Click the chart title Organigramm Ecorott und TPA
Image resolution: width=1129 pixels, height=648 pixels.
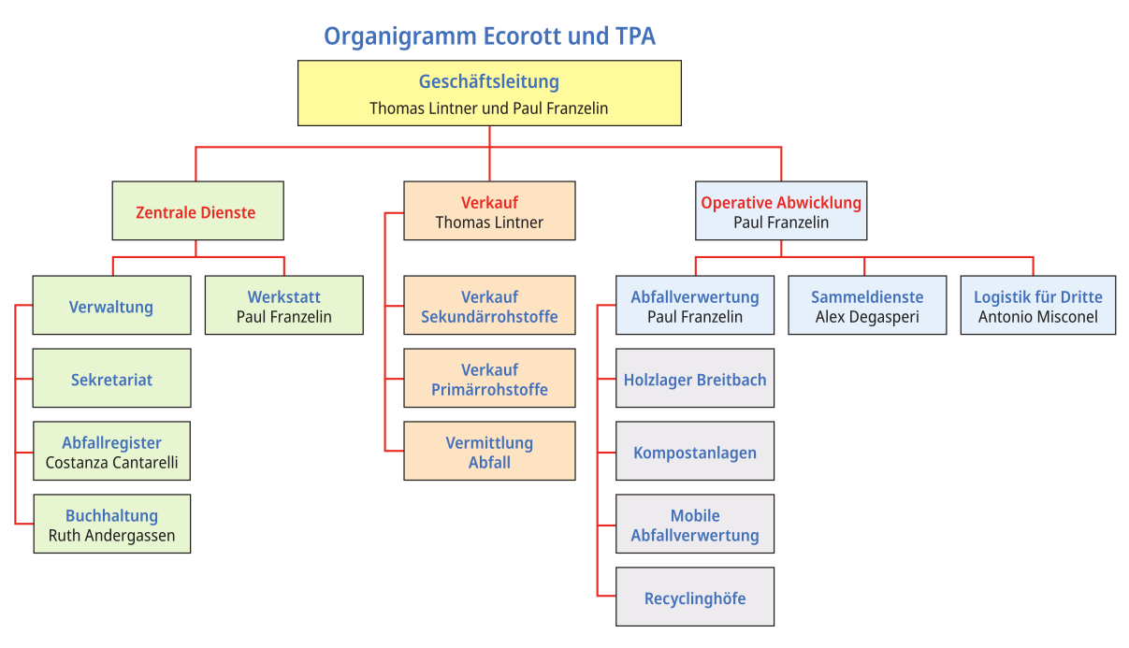489,36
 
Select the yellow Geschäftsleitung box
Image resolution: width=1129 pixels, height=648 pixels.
489,94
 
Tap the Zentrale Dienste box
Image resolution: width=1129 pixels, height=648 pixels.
197,210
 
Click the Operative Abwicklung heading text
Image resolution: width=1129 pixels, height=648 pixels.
781,203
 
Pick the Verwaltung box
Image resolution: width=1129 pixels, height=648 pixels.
111,305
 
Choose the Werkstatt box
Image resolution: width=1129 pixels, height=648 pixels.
283,305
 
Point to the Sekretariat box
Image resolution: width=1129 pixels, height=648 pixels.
111,378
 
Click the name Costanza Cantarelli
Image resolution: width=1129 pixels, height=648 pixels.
111,463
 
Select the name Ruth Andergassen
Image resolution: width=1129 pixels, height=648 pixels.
111,535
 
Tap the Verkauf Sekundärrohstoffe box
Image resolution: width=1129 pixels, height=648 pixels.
489,305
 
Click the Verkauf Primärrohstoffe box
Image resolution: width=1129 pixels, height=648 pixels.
489,378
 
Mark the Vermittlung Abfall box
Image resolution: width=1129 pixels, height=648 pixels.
489,451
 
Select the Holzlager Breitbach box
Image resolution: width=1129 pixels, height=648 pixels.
695,378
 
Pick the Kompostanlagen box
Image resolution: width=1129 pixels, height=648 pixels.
695,451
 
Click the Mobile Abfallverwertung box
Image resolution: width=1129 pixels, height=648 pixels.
695,524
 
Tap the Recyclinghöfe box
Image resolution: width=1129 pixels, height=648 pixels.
695,597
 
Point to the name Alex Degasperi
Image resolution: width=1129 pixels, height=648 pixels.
867,317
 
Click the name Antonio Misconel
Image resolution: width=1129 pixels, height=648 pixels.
1037,317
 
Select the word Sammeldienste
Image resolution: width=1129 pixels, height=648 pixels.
867,297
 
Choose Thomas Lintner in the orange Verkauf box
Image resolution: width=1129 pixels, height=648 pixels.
489,223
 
